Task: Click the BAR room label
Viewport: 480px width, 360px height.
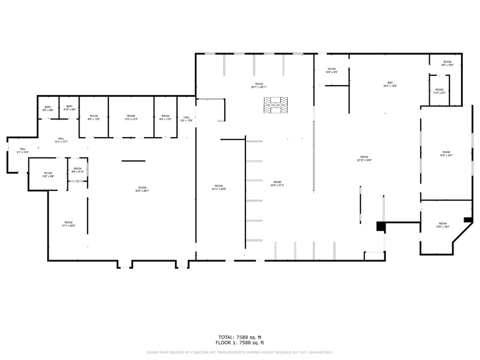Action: point(390,84)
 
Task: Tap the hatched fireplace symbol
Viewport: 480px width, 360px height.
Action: point(275,105)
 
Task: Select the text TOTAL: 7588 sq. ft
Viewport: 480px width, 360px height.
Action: point(239,337)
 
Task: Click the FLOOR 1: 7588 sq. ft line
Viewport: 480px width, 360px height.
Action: point(239,343)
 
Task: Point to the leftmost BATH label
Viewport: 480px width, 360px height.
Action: point(48,108)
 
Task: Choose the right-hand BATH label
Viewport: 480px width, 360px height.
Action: point(69,108)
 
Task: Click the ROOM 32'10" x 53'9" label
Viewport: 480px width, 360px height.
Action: point(364,159)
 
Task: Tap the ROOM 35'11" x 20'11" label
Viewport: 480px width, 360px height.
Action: point(259,85)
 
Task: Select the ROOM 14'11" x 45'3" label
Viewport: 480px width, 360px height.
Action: point(219,187)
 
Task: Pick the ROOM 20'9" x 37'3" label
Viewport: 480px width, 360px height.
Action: point(277,183)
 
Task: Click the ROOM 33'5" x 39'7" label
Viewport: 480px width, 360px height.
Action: point(142,189)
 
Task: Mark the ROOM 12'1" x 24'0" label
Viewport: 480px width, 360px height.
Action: point(68,224)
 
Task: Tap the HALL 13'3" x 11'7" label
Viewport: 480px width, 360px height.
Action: point(61,140)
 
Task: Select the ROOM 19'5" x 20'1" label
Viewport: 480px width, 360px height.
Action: point(446,154)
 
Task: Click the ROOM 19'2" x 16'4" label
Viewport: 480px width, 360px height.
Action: point(442,225)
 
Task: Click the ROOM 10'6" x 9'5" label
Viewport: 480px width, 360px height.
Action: point(331,70)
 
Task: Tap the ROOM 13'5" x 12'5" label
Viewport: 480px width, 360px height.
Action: point(130,117)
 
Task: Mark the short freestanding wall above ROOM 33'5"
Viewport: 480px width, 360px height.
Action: point(133,161)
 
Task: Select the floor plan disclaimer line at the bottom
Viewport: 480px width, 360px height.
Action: point(239,352)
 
